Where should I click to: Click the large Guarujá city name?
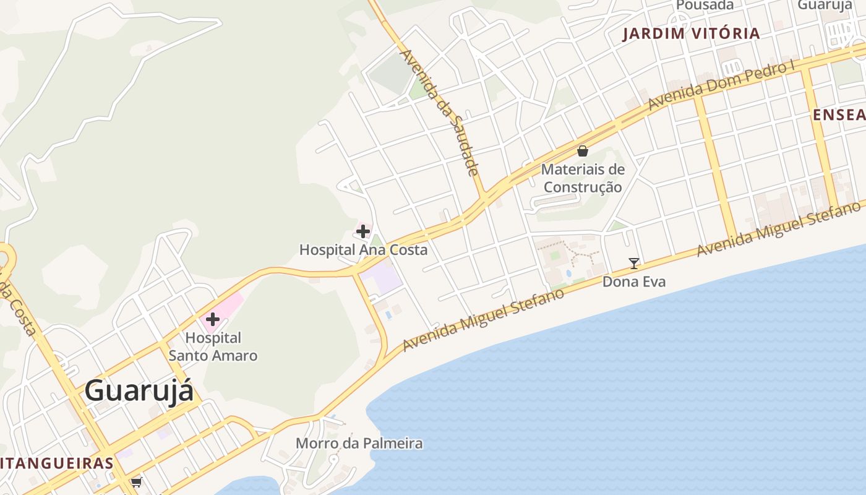(x=139, y=391)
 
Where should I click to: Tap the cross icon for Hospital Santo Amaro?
(x=213, y=319)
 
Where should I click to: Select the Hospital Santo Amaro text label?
(x=213, y=347)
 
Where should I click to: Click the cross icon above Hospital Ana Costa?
(x=363, y=232)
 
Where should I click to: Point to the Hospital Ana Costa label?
(x=363, y=250)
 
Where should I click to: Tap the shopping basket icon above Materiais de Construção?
(x=582, y=150)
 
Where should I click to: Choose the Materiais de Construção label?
(x=582, y=178)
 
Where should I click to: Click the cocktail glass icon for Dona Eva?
(x=634, y=264)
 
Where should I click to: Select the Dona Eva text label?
(x=634, y=282)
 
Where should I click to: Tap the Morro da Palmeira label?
(x=359, y=443)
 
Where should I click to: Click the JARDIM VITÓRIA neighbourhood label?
(x=691, y=33)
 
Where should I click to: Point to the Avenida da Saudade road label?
(x=440, y=111)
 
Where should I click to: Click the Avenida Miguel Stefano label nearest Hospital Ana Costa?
(x=484, y=319)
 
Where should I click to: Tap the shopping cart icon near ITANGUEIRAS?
(x=136, y=481)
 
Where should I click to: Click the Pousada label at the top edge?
(x=705, y=5)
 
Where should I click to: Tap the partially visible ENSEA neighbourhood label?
(x=839, y=114)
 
